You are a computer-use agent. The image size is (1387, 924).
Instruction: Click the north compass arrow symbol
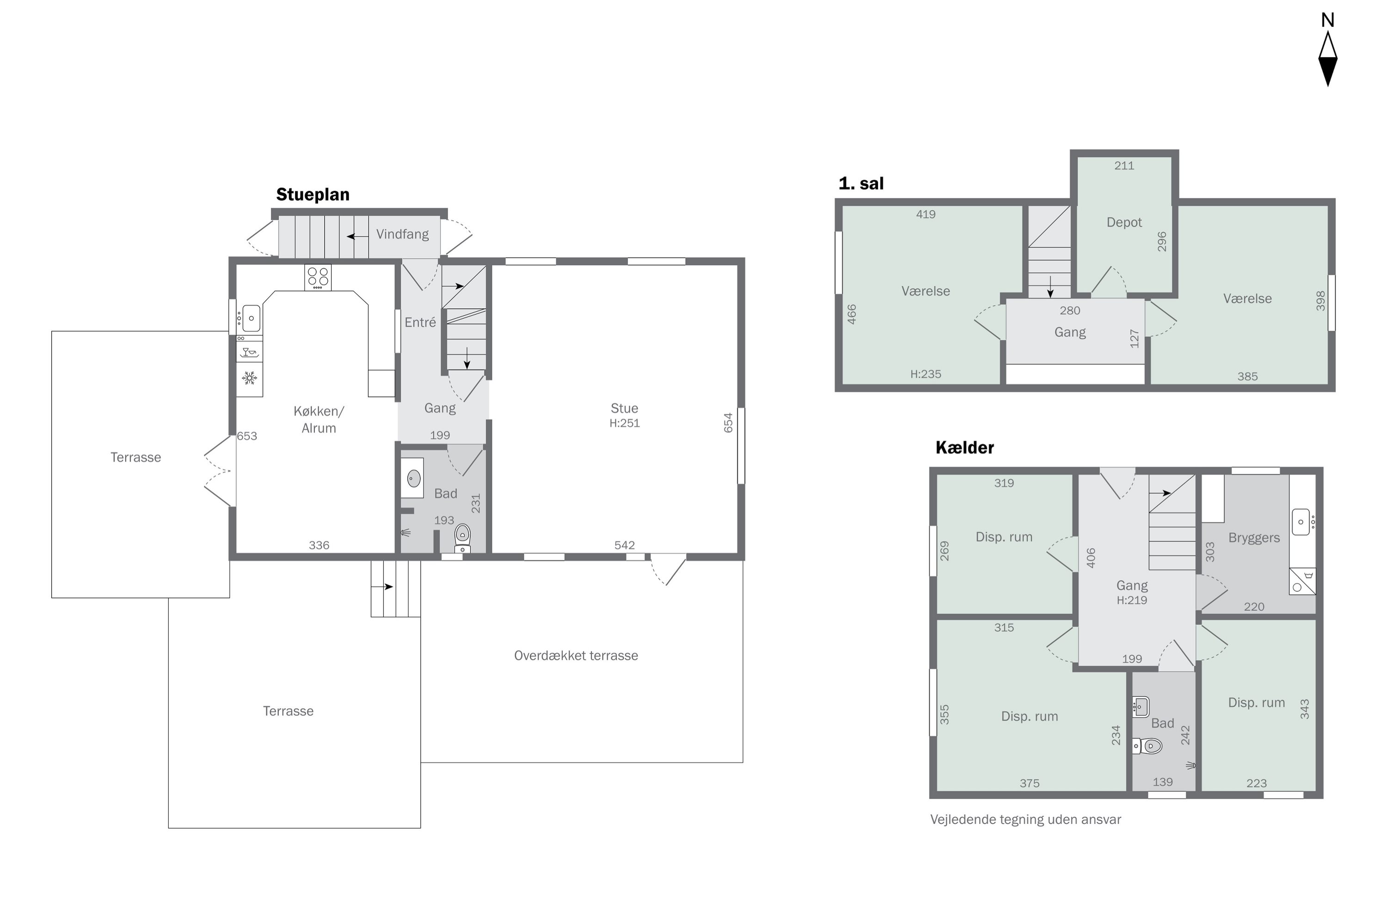(1328, 59)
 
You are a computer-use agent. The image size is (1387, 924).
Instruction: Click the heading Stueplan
(313, 195)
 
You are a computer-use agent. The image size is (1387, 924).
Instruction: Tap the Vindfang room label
(403, 235)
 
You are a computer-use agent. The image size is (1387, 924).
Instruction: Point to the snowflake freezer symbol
(250, 378)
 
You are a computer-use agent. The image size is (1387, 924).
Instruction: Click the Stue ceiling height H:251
(625, 423)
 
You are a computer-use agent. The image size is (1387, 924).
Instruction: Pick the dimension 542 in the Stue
(625, 546)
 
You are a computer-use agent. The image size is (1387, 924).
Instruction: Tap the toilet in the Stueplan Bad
(463, 537)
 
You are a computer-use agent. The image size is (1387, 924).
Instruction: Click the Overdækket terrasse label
(576, 656)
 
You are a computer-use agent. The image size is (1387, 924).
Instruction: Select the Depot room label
(1124, 223)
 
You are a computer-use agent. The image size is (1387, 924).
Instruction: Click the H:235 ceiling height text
(926, 374)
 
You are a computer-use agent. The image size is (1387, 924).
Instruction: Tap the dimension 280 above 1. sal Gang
(1070, 310)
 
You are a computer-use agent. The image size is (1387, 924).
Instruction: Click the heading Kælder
(965, 448)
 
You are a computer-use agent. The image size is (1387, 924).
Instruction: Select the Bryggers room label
(1254, 539)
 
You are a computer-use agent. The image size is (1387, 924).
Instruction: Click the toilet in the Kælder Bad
(1148, 747)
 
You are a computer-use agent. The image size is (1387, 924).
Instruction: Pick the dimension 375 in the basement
(1030, 784)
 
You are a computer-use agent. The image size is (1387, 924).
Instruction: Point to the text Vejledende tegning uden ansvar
(1025, 820)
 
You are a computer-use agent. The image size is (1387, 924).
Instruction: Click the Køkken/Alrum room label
(319, 419)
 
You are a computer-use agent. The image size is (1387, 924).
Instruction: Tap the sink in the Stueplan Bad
(413, 478)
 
